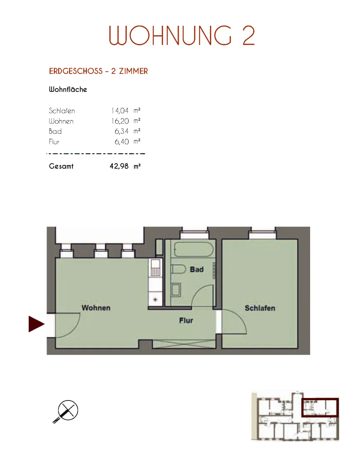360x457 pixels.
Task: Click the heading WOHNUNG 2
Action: pos(182,35)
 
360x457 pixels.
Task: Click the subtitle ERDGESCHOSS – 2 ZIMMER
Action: pos(99,71)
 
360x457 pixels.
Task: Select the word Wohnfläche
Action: pos(68,89)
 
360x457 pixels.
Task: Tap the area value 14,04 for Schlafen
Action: pos(120,111)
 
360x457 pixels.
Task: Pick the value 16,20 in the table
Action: pos(120,121)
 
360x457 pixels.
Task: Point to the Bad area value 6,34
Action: pos(121,131)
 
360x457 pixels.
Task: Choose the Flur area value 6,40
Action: pos(122,142)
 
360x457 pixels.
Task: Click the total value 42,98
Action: pos(119,166)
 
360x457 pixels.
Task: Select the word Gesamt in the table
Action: pos(61,166)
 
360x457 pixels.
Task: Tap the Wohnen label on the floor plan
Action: pos(96,308)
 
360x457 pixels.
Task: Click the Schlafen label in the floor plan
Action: pos(260,308)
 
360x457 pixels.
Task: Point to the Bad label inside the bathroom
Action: pos(197,269)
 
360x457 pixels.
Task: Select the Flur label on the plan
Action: pos(186,320)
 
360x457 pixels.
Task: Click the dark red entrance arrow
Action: pos(36,324)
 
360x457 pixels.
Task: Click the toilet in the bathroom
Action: pos(178,269)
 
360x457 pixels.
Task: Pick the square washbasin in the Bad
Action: pos(175,290)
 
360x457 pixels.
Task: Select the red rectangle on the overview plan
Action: pos(320,408)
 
